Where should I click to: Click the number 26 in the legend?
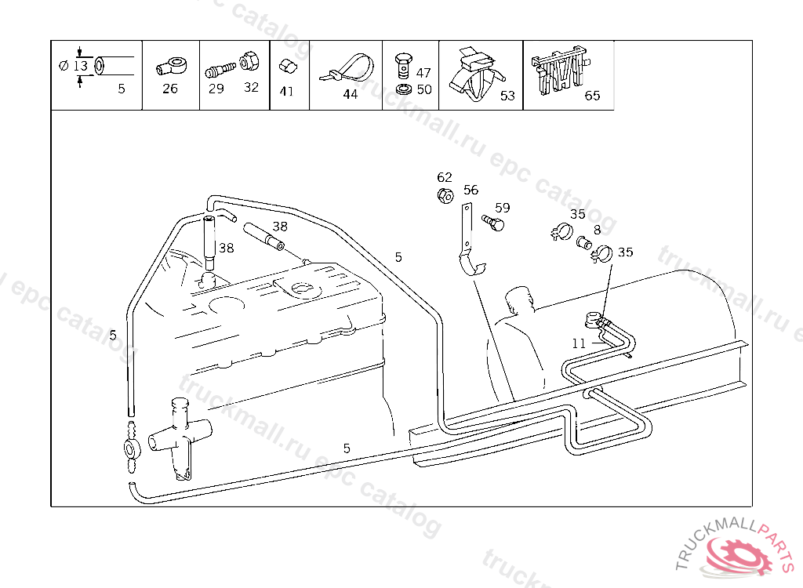click(170, 89)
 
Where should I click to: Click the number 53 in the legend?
click(507, 96)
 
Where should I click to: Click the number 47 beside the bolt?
click(423, 73)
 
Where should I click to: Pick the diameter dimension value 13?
click(81, 66)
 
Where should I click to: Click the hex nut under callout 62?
click(444, 195)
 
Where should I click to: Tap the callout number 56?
click(471, 190)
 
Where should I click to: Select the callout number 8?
click(597, 230)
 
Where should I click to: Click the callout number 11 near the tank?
click(579, 343)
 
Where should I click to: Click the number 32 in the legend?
click(251, 88)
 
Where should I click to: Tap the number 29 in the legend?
click(216, 89)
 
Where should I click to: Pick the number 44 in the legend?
click(350, 94)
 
